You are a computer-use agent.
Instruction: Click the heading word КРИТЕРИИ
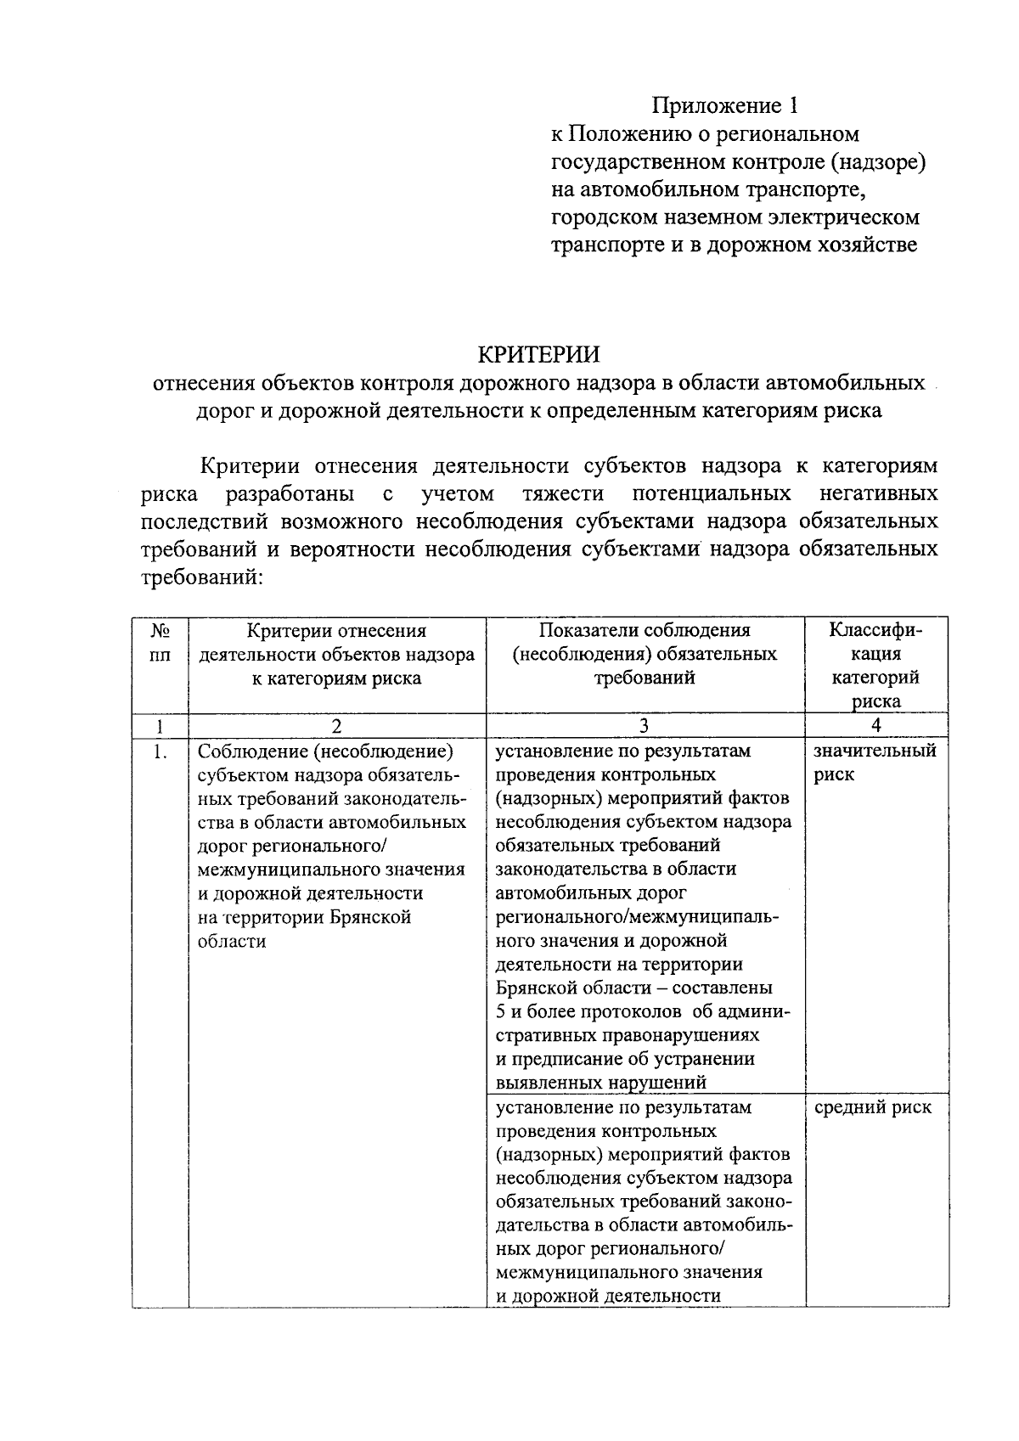point(538,353)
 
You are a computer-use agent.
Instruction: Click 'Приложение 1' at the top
point(725,105)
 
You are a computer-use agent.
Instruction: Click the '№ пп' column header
point(160,642)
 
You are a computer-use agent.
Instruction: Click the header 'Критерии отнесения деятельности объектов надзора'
point(336,654)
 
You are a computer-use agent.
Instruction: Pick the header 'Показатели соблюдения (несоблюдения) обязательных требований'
point(645,654)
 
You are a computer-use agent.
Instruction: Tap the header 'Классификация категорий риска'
point(875,666)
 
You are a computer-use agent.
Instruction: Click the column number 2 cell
point(336,725)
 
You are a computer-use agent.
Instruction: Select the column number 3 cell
point(645,725)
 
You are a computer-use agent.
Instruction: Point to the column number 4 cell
point(875,725)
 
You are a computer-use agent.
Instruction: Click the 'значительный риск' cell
point(875,763)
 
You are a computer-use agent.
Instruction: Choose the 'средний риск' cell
point(872,1107)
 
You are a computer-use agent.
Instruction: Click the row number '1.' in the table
point(160,751)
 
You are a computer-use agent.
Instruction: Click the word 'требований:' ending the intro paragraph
point(201,577)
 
